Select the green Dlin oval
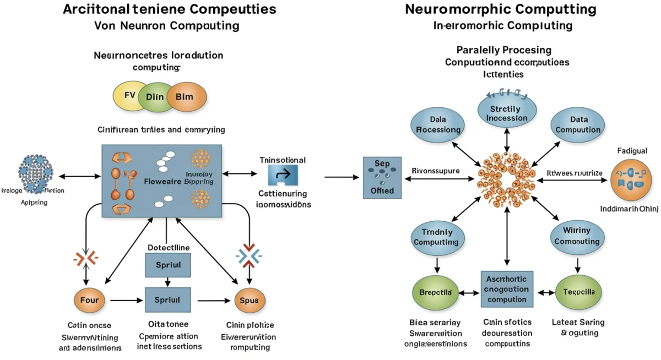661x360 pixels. pyautogui.click(x=155, y=97)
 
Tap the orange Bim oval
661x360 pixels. pyautogui.click(x=186, y=97)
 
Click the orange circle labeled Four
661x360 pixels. pyautogui.click(x=89, y=301)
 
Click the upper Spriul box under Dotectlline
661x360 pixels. pyautogui.click(x=167, y=265)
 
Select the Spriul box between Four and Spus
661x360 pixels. pyautogui.click(x=167, y=300)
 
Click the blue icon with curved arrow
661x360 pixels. pyautogui.click(x=283, y=175)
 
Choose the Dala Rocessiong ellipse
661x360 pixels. pyautogui.click(x=437, y=124)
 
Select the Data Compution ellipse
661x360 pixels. pyautogui.click(x=578, y=124)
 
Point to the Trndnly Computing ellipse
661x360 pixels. pyautogui.click(x=436, y=237)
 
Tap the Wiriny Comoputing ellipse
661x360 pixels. pyautogui.click(x=577, y=237)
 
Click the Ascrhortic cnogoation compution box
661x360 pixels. pyautogui.click(x=507, y=289)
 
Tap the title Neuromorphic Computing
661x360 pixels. pyautogui.click(x=500, y=9)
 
